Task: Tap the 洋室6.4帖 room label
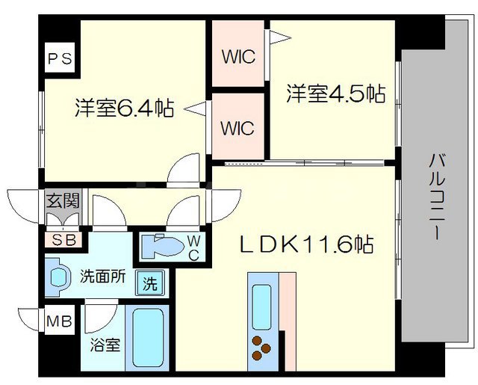(124, 109)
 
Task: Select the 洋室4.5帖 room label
(336, 93)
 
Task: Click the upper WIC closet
(238, 55)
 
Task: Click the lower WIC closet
(238, 127)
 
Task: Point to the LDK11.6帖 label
(306, 244)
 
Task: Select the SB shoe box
(63, 240)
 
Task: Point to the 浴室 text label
(104, 346)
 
